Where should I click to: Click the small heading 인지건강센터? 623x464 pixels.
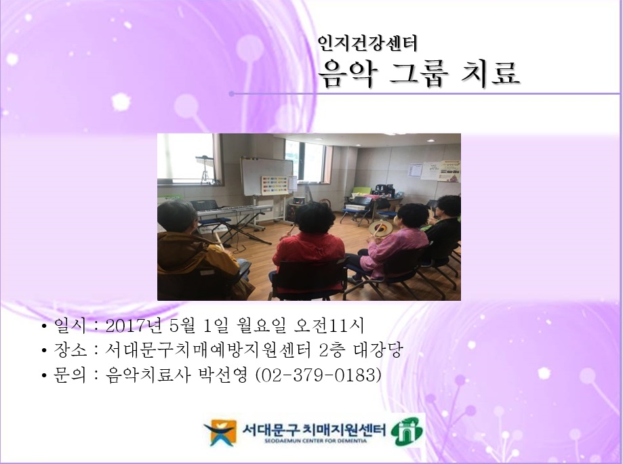pos(367,43)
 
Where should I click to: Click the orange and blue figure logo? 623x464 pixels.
pos(220,433)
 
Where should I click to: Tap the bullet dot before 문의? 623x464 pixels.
pos(44,375)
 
